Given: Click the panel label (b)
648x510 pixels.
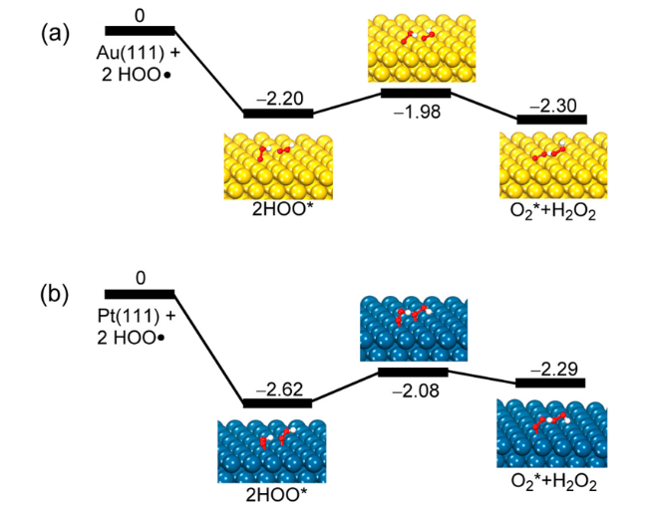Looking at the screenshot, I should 56,296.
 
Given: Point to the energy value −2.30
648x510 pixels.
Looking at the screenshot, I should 551,103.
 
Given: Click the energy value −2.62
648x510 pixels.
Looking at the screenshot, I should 277,388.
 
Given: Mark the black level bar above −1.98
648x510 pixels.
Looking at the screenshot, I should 416,93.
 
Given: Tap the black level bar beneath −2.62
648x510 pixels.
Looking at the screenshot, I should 278,403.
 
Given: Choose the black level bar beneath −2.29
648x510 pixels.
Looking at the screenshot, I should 550,383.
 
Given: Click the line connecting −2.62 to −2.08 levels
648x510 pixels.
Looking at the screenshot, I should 345,388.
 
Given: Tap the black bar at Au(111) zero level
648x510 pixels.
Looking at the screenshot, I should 140,31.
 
